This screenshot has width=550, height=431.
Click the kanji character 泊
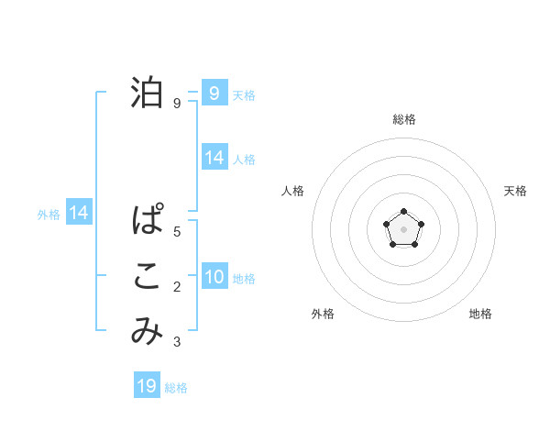pyautogui.click(x=147, y=93)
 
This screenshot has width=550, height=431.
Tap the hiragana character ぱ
pyautogui.click(x=147, y=222)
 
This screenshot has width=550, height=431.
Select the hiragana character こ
pyautogui.click(x=147, y=278)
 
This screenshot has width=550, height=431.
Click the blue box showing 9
pyautogui.click(x=214, y=93)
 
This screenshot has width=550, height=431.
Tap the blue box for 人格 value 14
pyautogui.click(x=214, y=158)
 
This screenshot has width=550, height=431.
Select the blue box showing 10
pyautogui.click(x=214, y=277)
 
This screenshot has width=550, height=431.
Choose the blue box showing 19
pyautogui.click(x=147, y=386)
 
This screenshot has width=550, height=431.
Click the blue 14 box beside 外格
pyautogui.click(x=79, y=213)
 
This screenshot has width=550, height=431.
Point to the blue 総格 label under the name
pyautogui.click(x=176, y=388)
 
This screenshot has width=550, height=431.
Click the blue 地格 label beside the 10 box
pyautogui.click(x=244, y=278)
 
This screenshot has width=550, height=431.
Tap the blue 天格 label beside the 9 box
pyautogui.click(x=244, y=94)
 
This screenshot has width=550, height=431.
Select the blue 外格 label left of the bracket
pyautogui.click(x=49, y=215)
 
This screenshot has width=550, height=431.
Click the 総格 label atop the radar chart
pyautogui.click(x=403, y=119)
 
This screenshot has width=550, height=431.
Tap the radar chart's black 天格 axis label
pyautogui.click(x=515, y=191)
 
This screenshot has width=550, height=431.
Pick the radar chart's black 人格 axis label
pyautogui.click(x=292, y=191)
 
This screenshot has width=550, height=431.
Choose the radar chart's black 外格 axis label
pyautogui.click(x=323, y=314)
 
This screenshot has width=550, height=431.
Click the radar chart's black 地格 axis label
pyautogui.click(x=480, y=314)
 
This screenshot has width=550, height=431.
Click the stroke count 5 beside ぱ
pyautogui.click(x=177, y=232)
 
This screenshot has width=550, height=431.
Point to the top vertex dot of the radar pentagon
pyautogui.click(x=403, y=212)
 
